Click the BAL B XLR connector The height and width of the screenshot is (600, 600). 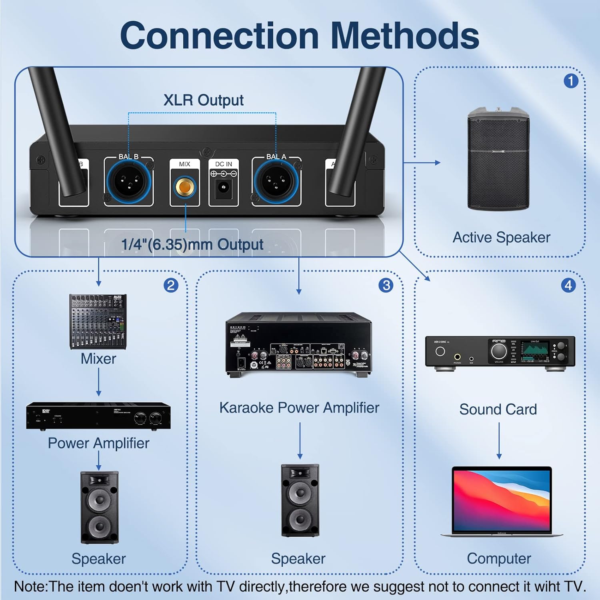pyautogui.click(x=128, y=181)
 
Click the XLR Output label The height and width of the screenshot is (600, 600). pyautogui.click(x=203, y=100)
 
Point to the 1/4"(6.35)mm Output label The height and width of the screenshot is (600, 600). pyautogui.click(x=192, y=244)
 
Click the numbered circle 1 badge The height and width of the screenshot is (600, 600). pyautogui.click(x=571, y=81)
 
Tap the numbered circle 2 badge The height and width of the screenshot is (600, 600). pyautogui.click(x=171, y=285)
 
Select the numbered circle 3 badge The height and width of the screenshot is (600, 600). pyautogui.click(x=386, y=285)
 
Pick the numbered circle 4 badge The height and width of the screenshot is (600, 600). pyautogui.click(x=568, y=285)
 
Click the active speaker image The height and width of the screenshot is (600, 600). pyautogui.click(x=498, y=159)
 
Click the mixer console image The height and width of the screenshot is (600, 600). pyautogui.click(x=98, y=322)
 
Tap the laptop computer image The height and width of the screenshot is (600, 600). pyautogui.click(x=502, y=502)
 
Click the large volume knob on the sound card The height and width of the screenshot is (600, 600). pyautogui.click(x=498, y=351)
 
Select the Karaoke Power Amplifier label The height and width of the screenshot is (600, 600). pyautogui.click(x=299, y=408)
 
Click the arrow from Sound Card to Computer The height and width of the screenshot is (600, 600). pyautogui.click(x=499, y=440)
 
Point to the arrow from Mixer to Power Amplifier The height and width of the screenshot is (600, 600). pyautogui.click(x=98, y=382)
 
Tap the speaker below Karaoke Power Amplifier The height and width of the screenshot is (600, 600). pyautogui.click(x=300, y=500)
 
